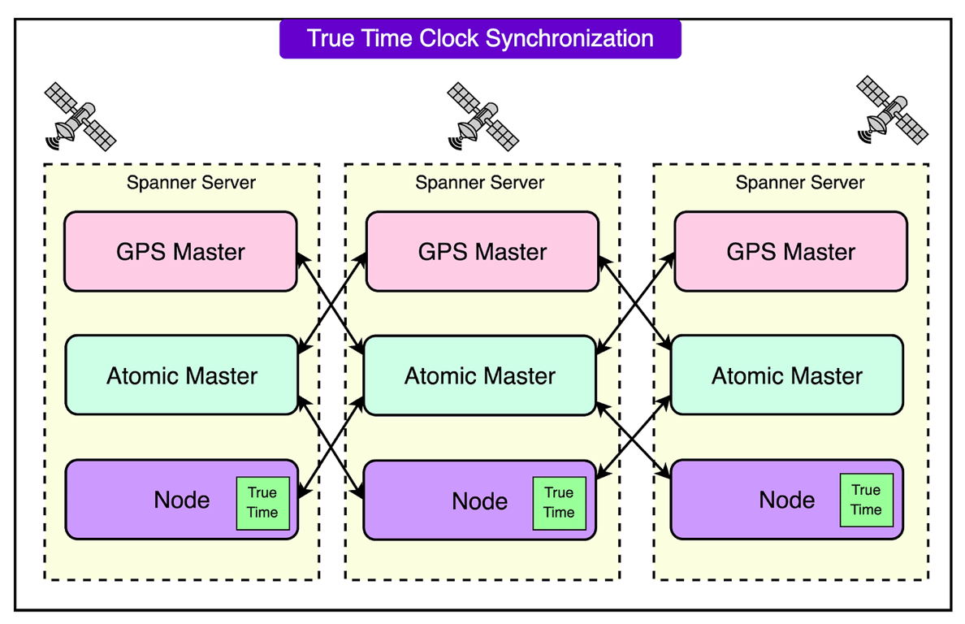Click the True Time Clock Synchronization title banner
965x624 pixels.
(x=480, y=38)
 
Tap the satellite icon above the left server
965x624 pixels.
(x=80, y=116)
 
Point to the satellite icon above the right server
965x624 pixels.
(x=892, y=110)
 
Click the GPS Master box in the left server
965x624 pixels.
(x=180, y=251)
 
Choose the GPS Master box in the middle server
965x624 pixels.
(x=482, y=251)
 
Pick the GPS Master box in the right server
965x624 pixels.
(x=790, y=251)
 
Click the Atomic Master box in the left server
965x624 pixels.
(x=182, y=375)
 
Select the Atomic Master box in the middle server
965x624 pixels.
(x=480, y=375)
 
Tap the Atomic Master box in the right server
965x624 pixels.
(x=787, y=375)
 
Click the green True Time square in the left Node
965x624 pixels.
(x=262, y=503)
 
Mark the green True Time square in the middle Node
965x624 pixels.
(x=559, y=503)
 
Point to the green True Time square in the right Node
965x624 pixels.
(x=866, y=500)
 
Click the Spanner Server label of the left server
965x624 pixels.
(x=191, y=183)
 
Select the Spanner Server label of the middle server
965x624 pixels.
(x=480, y=183)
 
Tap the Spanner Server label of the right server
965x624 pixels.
(x=800, y=183)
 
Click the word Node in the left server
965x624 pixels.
(x=182, y=500)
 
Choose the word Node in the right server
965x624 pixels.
(x=787, y=500)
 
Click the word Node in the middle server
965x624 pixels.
(x=480, y=501)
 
